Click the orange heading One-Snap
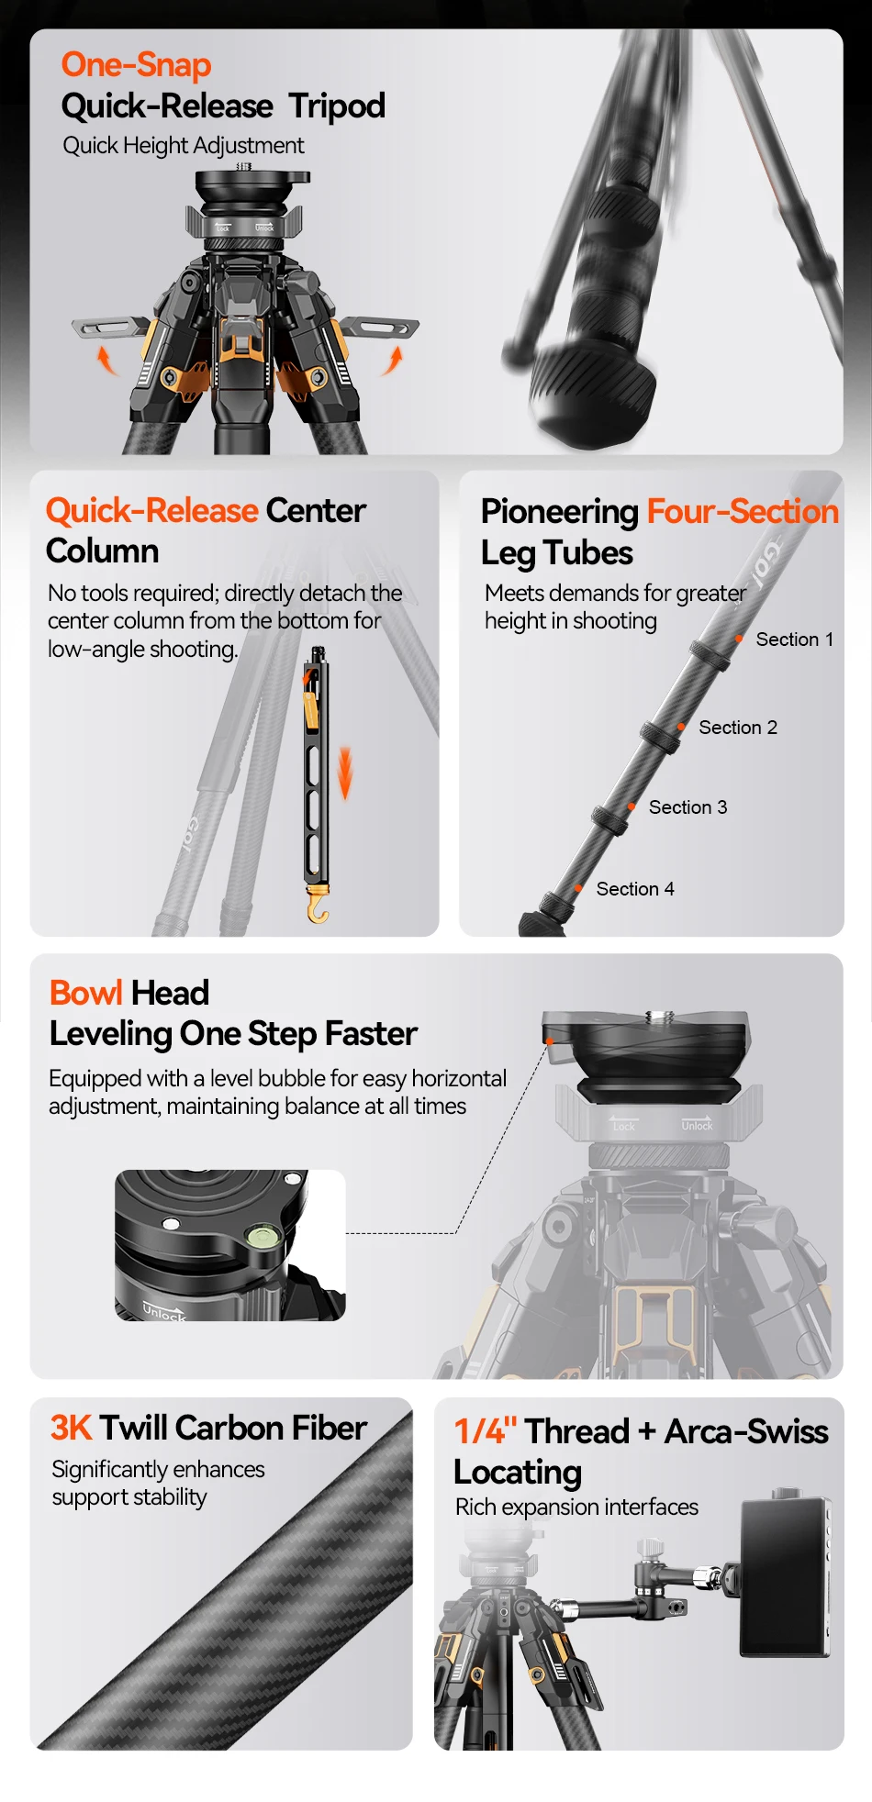pos(136,65)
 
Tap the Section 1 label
pos(795,640)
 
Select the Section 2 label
pos(738,728)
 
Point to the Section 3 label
pos(688,807)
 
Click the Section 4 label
pos(635,889)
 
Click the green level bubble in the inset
pos(261,1238)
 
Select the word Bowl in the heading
pos(85,993)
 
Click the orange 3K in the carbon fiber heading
pos(72,1428)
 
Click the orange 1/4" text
pos(486,1430)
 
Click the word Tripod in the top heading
pos(337,107)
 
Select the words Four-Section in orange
pos(743,511)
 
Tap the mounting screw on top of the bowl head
pos(660,1017)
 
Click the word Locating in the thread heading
pos(518,1473)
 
